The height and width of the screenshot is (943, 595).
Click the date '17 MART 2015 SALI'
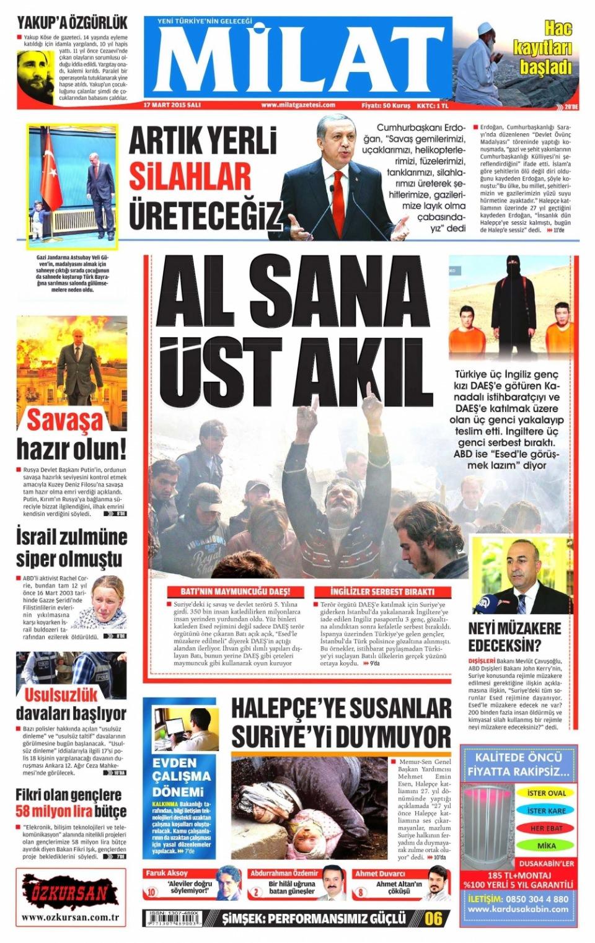coord(172,105)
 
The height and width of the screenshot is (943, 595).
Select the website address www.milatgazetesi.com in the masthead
coord(297,105)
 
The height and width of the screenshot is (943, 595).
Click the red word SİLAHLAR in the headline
coord(190,178)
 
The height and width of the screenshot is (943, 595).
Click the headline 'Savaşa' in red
coord(65,421)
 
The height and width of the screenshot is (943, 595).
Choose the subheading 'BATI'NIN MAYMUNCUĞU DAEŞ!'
coord(234,592)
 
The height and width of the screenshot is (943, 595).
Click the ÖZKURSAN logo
coord(69,893)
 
